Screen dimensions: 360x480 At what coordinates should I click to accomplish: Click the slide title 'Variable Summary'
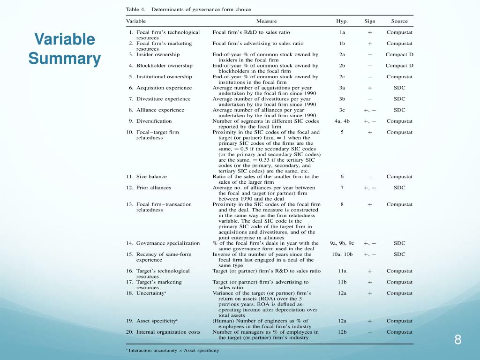[x=64, y=49]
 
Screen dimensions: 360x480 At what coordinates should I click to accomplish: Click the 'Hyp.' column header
[x=342, y=21]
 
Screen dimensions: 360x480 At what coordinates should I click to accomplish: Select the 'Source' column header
[x=399, y=21]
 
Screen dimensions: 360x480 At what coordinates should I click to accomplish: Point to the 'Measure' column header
[x=266, y=21]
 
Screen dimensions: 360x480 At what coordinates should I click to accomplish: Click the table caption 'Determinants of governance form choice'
[x=201, y=9]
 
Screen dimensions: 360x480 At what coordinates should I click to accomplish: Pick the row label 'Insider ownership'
[x=158, y=54]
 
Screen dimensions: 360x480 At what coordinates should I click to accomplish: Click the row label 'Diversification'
[x=154, y=121]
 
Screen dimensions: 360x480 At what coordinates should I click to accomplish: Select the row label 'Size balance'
[x=151, y=177]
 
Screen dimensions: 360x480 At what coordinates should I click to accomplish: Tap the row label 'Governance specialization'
[x=168, y=243]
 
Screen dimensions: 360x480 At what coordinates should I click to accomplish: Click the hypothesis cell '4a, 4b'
[x=342, y=121]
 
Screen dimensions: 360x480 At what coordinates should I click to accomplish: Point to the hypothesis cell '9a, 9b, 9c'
[x=342, y=243]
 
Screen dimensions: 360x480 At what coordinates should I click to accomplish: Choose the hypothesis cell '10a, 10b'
[x=342, y=255]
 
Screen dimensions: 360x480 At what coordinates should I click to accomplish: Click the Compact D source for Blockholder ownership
[x=399, y=66]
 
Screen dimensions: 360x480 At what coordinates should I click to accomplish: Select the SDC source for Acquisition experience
[x=399, y=88]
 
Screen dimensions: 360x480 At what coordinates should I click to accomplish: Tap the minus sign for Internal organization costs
[x=370, y=332]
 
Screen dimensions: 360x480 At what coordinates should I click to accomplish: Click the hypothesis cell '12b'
[x=342, y=332]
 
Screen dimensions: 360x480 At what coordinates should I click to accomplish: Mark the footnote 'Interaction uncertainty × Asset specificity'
[x=174, y=350]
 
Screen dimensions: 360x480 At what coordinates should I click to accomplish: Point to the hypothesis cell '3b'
[x=342, y=99]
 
